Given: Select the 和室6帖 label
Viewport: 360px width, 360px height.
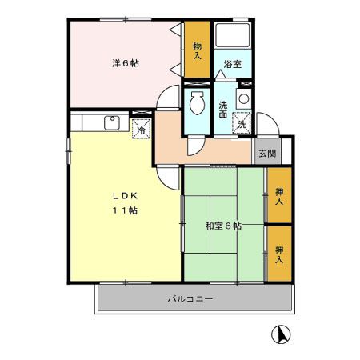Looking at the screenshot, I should [223, 226].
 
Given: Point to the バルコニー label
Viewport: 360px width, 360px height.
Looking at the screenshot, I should [190, 298].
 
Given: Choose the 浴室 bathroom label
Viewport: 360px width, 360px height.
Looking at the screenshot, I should [232, 63].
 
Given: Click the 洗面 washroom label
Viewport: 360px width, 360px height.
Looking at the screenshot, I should [223, 110].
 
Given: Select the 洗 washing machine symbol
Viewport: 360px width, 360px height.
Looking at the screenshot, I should [241, 123].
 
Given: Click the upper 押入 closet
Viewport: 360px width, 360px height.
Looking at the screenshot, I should [279, 195].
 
